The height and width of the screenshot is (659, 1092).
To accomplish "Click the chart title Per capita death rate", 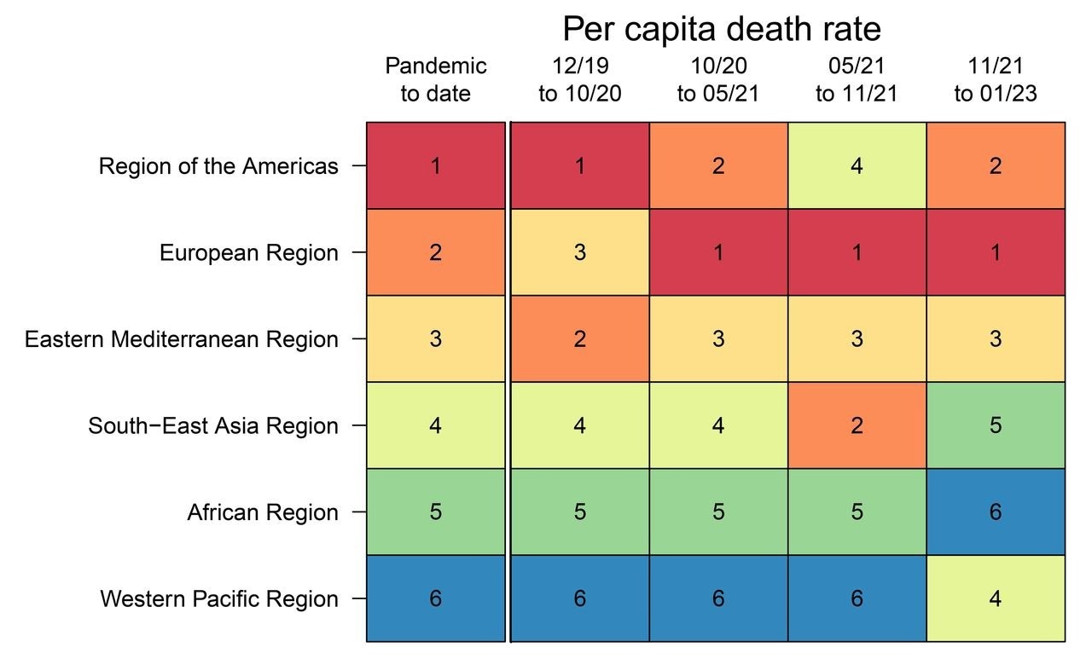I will click(x=721, y=30).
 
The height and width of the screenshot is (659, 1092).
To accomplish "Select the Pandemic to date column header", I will click(x=436, y=79).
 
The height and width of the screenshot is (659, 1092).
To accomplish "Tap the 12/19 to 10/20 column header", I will click(x=579, y=79).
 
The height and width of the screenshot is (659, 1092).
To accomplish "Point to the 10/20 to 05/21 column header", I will click(x=718, y=79).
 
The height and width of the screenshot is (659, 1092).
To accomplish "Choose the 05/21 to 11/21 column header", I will click(x=857, y=79).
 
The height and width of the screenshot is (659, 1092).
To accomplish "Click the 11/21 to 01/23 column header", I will click(x=996, y=79).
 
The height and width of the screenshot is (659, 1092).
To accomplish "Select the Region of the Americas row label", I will click(x=218, y=166).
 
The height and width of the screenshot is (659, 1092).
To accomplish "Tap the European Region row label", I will click(x=249, y=253).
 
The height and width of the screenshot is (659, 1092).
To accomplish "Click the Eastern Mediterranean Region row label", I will click(x=182, y=339).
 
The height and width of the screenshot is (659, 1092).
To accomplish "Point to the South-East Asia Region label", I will click(x=213, y=425).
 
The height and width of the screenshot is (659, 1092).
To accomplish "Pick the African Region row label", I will click(x=263, y=512).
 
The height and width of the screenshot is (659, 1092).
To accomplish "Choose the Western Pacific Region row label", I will click(x=219, y=599).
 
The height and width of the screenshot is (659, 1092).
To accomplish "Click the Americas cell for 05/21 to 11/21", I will click(x=857, y=166).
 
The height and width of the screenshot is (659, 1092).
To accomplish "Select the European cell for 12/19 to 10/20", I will click(x=579, y=253).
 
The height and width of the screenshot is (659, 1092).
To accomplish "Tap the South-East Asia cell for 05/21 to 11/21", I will click(x=857, y=425).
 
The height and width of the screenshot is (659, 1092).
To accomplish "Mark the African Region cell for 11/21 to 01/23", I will click(x=996, y=512).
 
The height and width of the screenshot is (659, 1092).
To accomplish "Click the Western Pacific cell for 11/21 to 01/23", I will click(x=996, y=599).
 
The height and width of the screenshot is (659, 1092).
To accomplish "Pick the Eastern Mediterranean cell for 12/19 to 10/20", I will click(x=579, y=339).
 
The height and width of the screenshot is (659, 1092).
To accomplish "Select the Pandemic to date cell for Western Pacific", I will click(x=436, y=599).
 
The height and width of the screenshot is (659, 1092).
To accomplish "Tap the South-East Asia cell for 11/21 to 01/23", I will click(x=996, y=425).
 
